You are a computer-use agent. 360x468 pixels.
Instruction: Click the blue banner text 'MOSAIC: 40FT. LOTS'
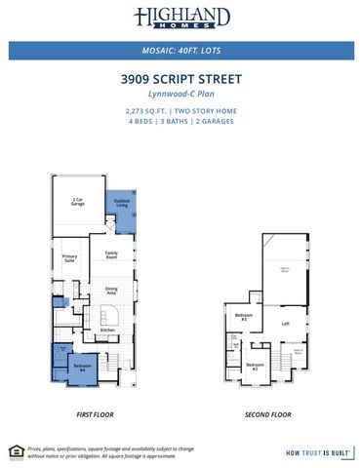tap(180, 50)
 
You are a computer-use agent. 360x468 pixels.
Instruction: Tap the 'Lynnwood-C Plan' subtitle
tap(180, 95)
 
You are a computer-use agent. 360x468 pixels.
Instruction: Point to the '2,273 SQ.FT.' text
tap(146, 111)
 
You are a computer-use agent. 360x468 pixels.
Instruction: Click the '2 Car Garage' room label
tap(76, 201)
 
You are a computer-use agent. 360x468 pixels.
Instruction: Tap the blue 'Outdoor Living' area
tap(122, 204)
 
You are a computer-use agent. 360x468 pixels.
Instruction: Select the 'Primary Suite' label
tap(69, 258)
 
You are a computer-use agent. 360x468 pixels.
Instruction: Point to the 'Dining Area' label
tap(111, 291)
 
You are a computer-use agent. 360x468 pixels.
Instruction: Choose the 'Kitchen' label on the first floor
tap(106, 330)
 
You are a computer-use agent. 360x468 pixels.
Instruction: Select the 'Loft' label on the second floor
tap(285, 324)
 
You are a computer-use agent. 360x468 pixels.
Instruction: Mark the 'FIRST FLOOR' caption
tap(96, 414)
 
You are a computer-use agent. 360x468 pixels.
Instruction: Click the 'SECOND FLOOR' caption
tap(268, 414)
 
